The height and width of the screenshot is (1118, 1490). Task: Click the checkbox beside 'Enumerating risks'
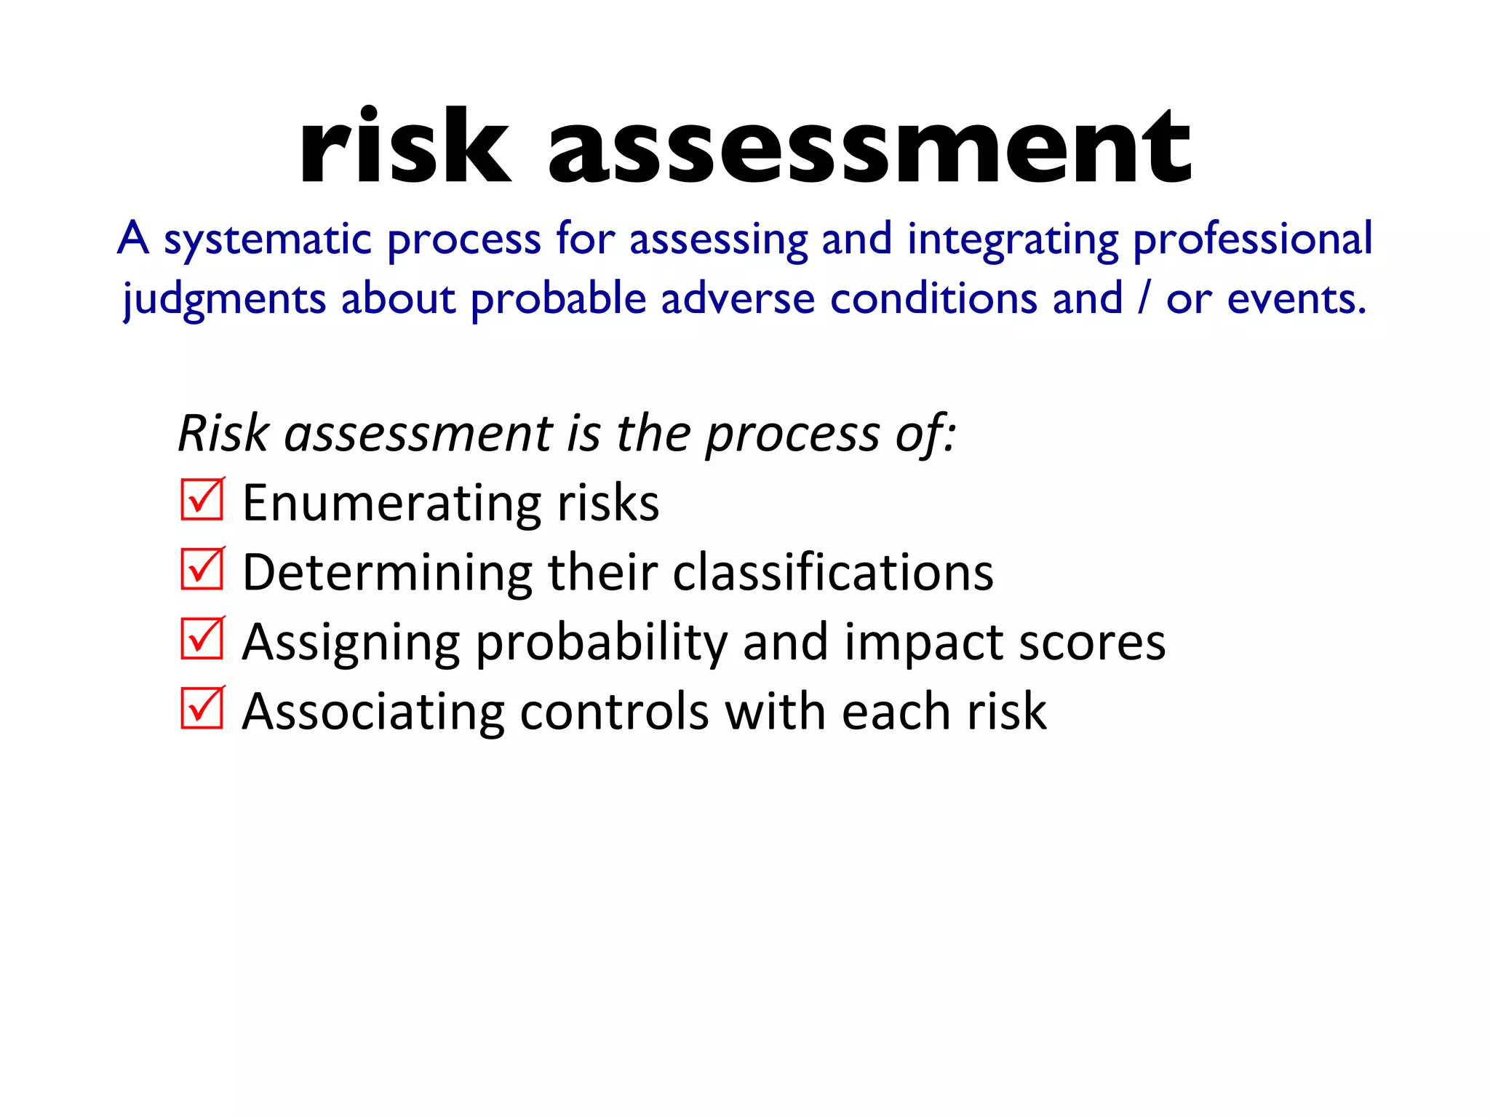coord(202,499)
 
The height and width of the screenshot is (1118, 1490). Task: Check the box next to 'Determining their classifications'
coord(202,568)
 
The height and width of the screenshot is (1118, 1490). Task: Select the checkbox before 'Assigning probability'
coord(202,638)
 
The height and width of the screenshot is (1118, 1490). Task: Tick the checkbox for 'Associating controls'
coord(202,707)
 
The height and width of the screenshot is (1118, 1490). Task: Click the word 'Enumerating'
coord(393,504)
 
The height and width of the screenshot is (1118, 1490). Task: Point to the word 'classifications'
coord(833,572)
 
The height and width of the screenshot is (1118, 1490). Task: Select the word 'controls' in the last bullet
coord(614,711)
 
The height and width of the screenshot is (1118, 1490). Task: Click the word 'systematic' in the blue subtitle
coord(268,239)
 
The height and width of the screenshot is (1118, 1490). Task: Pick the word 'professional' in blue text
coord(1253,239)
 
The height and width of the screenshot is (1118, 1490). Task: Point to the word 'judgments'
coord(224,300)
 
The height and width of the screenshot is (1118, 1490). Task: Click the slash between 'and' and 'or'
coord(1144,298)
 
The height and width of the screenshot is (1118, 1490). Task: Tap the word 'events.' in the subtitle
coord(1297,298)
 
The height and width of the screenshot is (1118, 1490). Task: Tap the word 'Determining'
coord(388,573)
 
